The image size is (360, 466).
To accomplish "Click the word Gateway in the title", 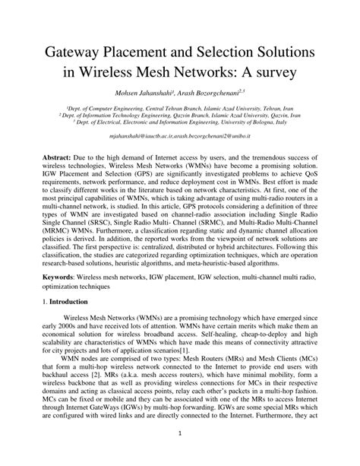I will pyautogui.click(x=77, y=54).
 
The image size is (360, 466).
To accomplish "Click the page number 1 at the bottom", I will pyautogui.click(x=180, y=454).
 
